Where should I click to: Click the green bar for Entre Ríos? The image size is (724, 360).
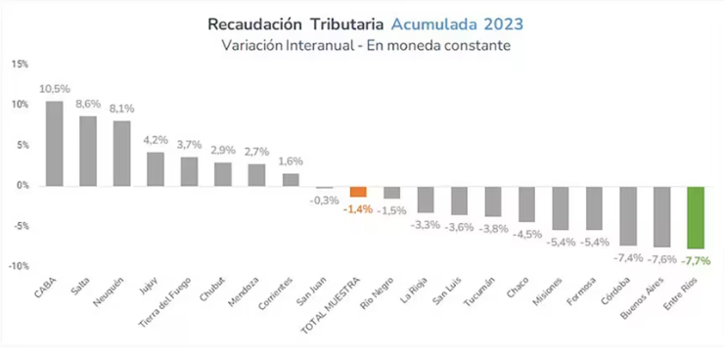[696, 217]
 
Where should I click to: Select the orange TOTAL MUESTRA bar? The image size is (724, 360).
[358, 192]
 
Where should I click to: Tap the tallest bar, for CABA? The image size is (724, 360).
[55, 143]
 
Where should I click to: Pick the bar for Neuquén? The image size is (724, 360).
[122, 153]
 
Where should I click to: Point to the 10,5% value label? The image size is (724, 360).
[55, 89]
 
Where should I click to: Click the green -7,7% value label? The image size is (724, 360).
[697, 260]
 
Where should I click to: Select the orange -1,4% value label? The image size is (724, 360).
[358, 208]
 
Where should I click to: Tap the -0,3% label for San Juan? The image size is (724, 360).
[325, 200]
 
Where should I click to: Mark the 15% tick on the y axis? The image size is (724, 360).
[20, 65]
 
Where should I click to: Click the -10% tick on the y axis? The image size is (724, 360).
[19, 266]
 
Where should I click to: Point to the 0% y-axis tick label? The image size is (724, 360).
[23, 186]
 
